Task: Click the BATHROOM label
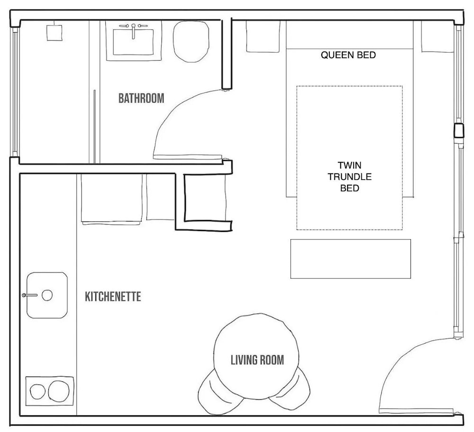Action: coord(141,98)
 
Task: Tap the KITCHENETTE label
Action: coord(113,296)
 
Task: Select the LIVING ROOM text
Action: coord(257,360)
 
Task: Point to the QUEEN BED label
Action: coord(348,55)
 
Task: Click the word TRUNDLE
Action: coord(349,177)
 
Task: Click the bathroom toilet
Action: coord(191,41)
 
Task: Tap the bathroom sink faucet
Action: coord(133,31)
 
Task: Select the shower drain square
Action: coord(55,33)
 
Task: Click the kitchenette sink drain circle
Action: coord(47,295)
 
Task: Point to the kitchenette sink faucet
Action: coord(29,295)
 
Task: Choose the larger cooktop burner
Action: coord(59,392)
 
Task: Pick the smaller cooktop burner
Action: coord(38,392)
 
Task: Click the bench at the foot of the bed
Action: coord(351,258)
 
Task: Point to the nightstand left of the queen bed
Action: coord(263,37)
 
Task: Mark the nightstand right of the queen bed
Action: coord(438,37)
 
